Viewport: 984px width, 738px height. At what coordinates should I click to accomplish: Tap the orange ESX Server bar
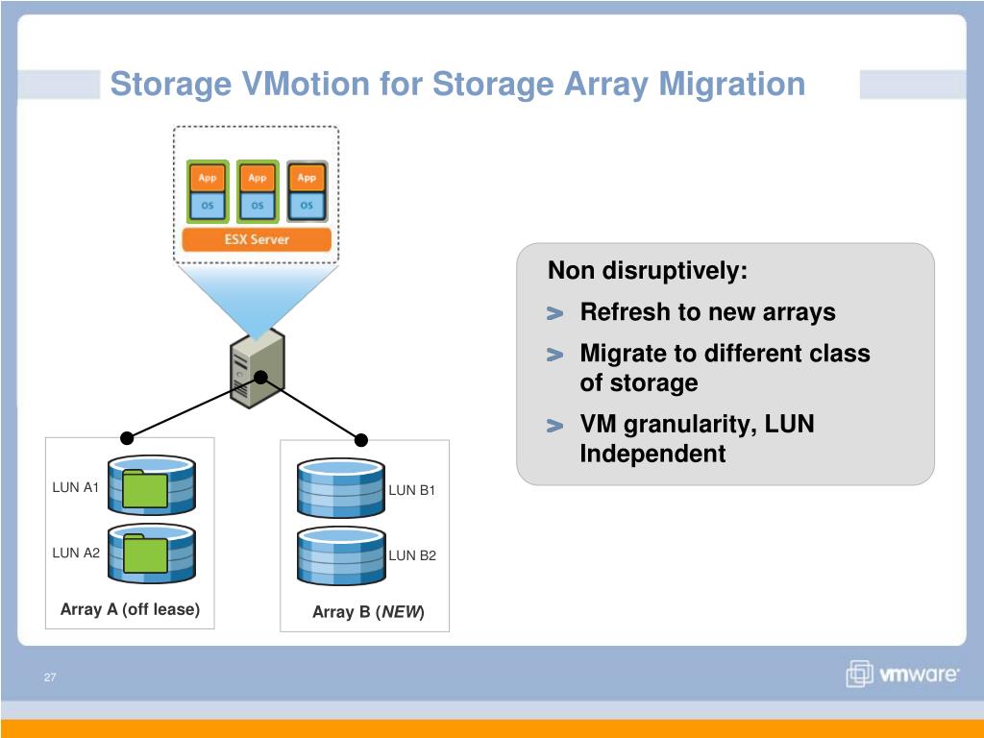pos(257,239)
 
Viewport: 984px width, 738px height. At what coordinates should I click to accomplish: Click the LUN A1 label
pos(76,487)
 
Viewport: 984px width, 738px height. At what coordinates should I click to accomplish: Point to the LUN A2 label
pos(76,553)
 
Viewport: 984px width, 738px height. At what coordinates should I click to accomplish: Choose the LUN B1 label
pos(412,490)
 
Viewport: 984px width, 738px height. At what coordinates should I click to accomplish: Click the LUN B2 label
pos(412,555)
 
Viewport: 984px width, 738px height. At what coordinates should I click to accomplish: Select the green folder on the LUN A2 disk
pos(145,554)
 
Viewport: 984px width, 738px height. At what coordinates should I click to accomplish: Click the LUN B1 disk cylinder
pos(341,488)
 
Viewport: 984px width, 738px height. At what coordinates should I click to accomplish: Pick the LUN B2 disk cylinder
pos(341,555)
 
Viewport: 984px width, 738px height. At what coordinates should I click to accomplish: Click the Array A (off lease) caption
pos(130,609)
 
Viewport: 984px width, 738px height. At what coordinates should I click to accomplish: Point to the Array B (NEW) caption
pos(368,612)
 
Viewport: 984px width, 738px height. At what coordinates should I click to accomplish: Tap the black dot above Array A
pos(125,437)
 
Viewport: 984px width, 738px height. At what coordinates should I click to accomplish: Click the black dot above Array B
pos(361,440)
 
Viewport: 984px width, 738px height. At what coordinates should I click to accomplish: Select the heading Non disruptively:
pos(647,271)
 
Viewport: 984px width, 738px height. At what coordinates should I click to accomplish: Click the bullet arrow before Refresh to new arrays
pos(554,314)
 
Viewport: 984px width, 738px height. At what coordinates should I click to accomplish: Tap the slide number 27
pos(50,678)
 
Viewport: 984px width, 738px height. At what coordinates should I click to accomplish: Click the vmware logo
pos(902,675)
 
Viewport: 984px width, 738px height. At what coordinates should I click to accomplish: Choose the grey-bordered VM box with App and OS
pos(307,192)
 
